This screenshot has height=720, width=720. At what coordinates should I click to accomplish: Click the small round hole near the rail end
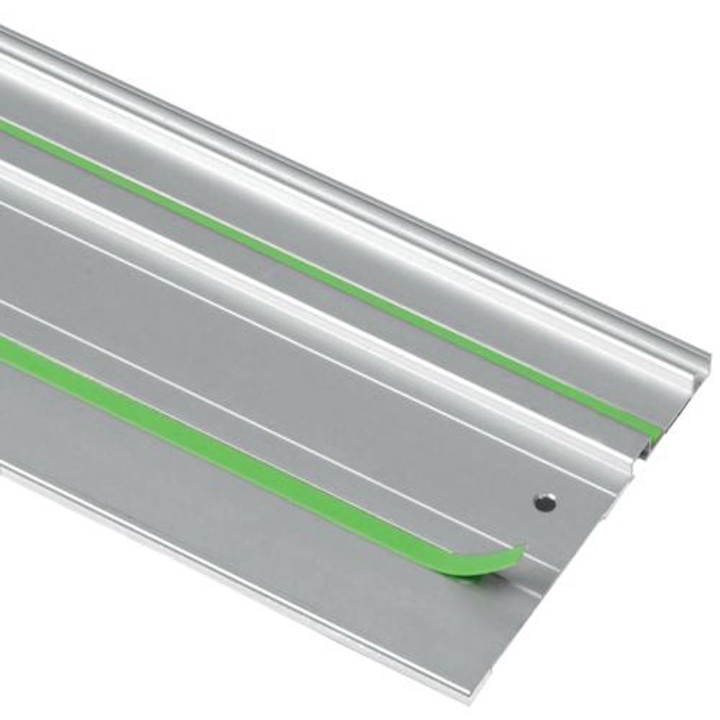[545, 502]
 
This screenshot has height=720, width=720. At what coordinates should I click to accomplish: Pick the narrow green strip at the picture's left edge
[6, 127]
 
